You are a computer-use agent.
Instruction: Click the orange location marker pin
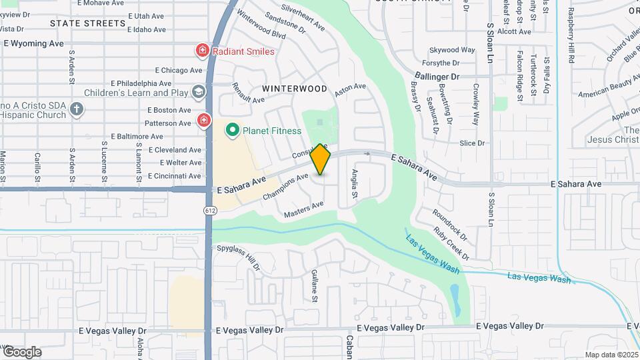coord(321,160)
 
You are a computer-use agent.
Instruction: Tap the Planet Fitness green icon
coord(233,131)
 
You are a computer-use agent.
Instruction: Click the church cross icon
coord(77,109)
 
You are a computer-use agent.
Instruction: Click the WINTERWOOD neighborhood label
coord(294,89)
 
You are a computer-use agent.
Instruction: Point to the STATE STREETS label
coord(87,23)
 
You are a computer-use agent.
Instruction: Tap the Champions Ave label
coord(285,187)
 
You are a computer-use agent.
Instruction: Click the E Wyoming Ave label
coord(34,43)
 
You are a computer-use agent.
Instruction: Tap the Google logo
coord(22,351)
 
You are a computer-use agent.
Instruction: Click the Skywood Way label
coord(452,50)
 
